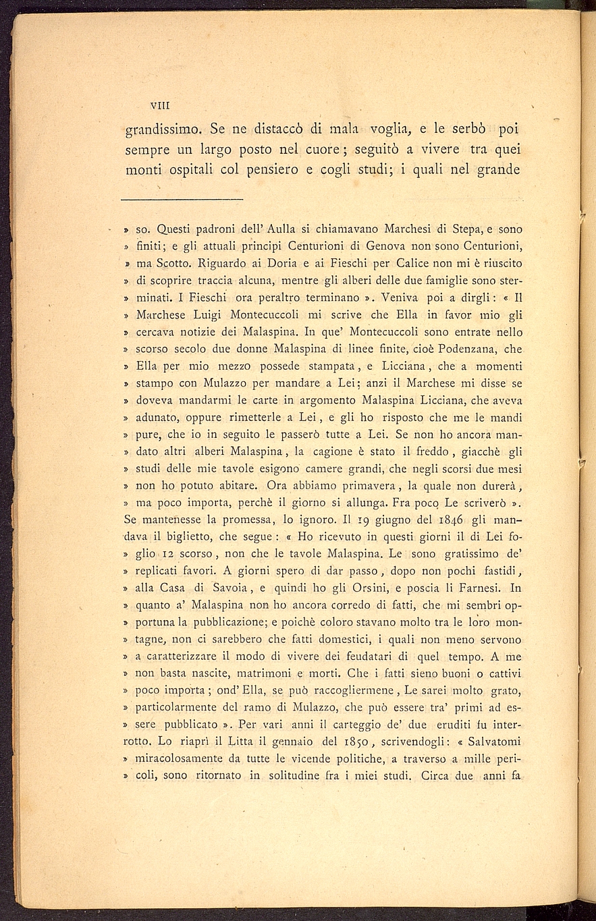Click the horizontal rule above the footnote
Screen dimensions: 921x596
[182, 200]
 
